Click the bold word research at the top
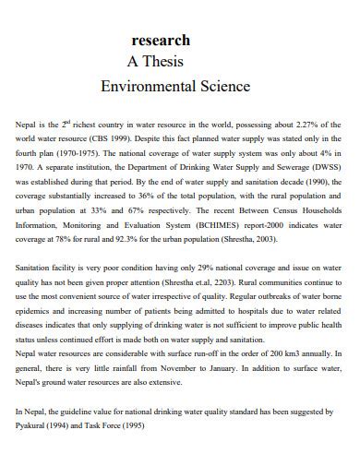[162, 41]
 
